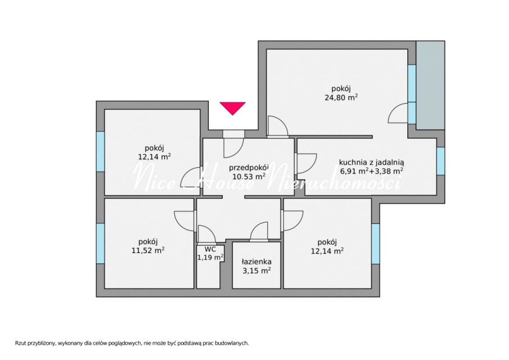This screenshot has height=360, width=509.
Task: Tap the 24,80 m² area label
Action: (341, 97)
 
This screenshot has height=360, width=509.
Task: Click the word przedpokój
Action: (249, 168)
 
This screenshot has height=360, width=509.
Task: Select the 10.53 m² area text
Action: (249, 176)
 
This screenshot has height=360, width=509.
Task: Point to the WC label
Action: (210, 250)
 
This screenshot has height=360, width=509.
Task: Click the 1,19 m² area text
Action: (210, 258)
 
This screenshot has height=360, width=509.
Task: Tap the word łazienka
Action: (256, 262)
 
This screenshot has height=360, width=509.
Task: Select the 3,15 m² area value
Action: (257, 270)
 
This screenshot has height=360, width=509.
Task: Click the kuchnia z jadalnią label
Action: (371, 163)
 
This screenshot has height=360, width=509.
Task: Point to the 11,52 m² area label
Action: (148, 250)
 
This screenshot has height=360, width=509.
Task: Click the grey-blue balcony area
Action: (430, 85)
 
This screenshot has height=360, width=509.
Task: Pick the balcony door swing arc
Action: (398, 113)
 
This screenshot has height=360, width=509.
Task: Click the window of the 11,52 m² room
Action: (100, 244)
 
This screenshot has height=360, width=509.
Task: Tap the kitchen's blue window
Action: (440, 161)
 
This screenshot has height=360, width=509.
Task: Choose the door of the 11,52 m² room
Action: (184, 220)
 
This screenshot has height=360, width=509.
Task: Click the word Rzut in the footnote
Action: (20, 343)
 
